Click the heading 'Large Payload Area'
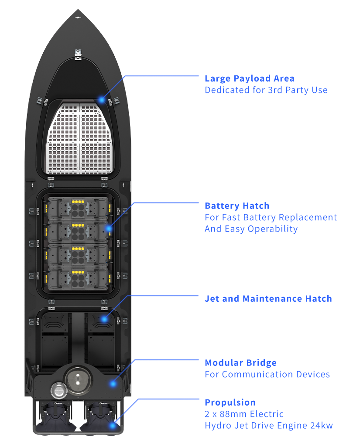click(249, 78)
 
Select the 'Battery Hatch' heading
click(237, 206)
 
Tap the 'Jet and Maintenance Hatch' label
click(268, 299)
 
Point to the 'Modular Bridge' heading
click(240, 363)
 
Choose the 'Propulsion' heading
click(230, 403)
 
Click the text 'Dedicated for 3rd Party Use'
click(266, 90)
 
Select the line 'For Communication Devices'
click(267, 375)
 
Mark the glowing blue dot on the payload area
click(102, 100)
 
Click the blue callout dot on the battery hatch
click(109, 228)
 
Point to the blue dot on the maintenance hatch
click(104, 319)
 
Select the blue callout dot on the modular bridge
click(113, 384)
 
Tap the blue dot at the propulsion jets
click(113, 425)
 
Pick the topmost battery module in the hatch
click(78, 209)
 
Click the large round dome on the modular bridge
click(78, 379)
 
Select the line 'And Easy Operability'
click(251, 229)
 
